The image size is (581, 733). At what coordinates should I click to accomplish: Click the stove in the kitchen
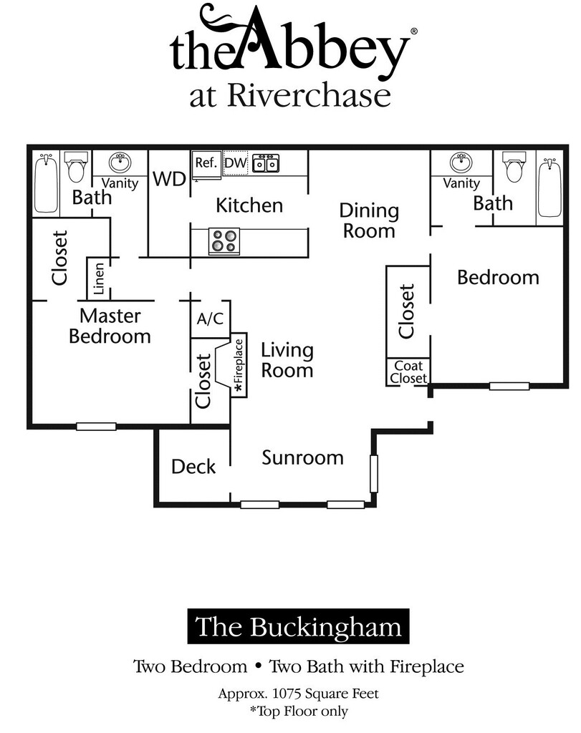coord(224,241)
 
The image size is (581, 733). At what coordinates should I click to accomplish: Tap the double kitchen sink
coord(268,163)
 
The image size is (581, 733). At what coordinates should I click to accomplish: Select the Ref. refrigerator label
coord(206,162)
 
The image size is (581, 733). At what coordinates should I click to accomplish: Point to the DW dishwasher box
coord(235,163)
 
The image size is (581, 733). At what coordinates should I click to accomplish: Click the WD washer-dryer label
coord(170,178)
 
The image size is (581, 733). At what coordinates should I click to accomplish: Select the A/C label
coord(210,319)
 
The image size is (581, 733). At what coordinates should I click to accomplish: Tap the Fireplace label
coord(239,364)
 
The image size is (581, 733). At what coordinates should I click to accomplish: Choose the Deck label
coord(193,467)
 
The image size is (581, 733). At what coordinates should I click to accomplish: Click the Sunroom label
coord(302,457)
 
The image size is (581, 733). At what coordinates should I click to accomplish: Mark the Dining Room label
coord(369,220)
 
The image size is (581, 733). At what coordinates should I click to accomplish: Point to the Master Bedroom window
coord(96,427)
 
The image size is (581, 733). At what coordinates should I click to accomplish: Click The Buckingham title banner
coord(298,627)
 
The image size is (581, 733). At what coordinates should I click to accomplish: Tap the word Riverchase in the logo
coord(309,96)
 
